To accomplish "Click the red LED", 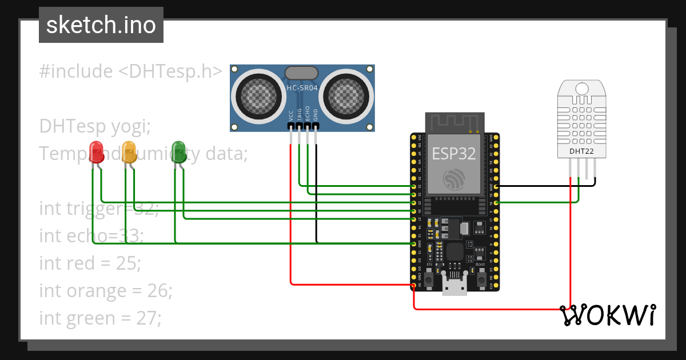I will point(97,152).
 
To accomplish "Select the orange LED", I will point(129,152).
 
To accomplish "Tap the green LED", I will point(179,152).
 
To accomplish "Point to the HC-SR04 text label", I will point(301,89).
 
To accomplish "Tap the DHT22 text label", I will point(582,151).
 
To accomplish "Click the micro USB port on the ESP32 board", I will point(454,285).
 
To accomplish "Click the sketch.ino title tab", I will point(101,25).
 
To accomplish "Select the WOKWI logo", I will point(607,315).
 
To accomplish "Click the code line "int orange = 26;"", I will point(105,290).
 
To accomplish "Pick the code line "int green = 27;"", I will point(100,318).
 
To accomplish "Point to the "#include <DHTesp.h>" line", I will point(131,71).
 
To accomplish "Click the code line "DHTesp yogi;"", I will point(95,126).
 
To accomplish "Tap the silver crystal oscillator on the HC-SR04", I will point(301,73).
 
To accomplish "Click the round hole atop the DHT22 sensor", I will point(582,89).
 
